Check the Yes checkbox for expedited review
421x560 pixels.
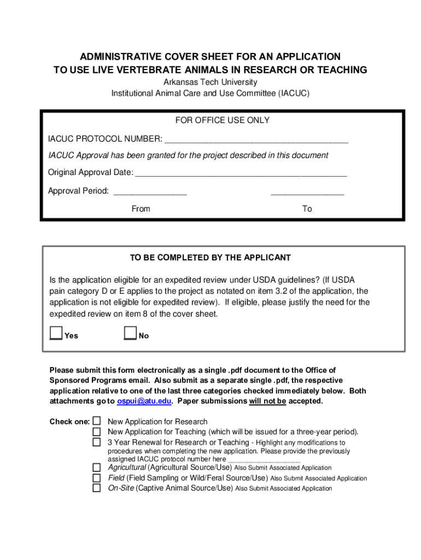[x=56, y=333]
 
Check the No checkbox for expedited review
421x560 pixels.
[x=130, y=333]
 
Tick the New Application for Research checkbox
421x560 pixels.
[x=97, y=421]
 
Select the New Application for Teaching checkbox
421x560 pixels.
[x=97, y=431]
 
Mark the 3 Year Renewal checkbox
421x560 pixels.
[x=97, y=442]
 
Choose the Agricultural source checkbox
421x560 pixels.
[x=97, y=468]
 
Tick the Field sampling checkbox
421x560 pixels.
[x=97, y=478]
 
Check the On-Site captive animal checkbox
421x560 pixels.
[x=97, y=488]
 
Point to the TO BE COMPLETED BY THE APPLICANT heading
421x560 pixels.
[x=210, y=258]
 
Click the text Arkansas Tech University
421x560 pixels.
[x=210, y=82]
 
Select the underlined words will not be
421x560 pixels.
[x=267, y=401]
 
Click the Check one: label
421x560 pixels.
[x=69, y=422]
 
